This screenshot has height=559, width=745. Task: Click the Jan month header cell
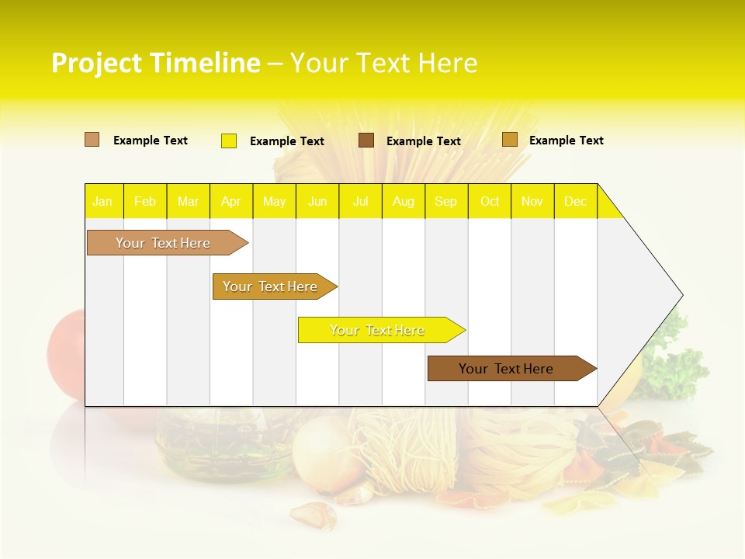coord(103,201)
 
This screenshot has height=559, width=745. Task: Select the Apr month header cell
coord(231,201)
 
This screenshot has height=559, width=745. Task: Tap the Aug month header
coord(404,201)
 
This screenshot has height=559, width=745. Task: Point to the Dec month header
coord(576,201)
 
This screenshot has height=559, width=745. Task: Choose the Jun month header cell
coord(317,201)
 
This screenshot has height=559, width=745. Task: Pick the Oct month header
coord(490,201)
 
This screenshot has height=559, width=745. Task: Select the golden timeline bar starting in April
coord(272,286)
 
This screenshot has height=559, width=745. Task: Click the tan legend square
coord(92,140)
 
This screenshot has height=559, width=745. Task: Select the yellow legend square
coord(229,141)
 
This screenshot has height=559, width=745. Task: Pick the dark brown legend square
coord(366,141)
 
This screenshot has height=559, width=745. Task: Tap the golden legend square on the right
coord(510,140)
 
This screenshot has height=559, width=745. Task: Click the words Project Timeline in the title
coord(156,63)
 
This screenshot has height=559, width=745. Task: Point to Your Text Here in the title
coord(384,63)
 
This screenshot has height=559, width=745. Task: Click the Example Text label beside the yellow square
coord(287,141)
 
